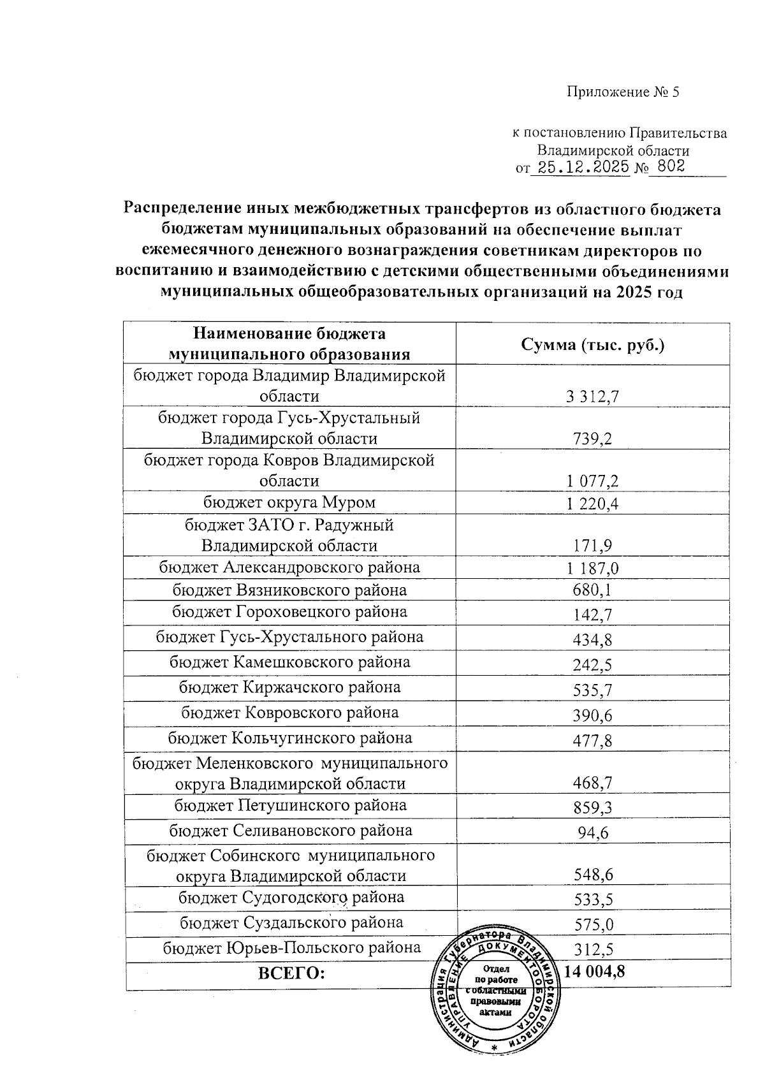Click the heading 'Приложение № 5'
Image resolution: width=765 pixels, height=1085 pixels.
tap(623, 92)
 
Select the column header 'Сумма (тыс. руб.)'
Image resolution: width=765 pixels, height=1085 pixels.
tap(593, 345)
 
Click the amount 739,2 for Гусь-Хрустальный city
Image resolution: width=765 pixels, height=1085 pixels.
tap(593, 439)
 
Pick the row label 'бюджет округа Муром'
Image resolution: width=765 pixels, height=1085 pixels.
tap(289, 502)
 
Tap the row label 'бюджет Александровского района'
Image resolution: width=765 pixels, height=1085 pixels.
tap(289, 567)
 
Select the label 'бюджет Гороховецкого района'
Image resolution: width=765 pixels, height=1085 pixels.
tap(289, 613)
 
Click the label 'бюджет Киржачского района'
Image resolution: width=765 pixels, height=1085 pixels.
tap(289, 687)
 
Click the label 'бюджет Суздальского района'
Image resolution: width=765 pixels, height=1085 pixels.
tap(291, 922)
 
